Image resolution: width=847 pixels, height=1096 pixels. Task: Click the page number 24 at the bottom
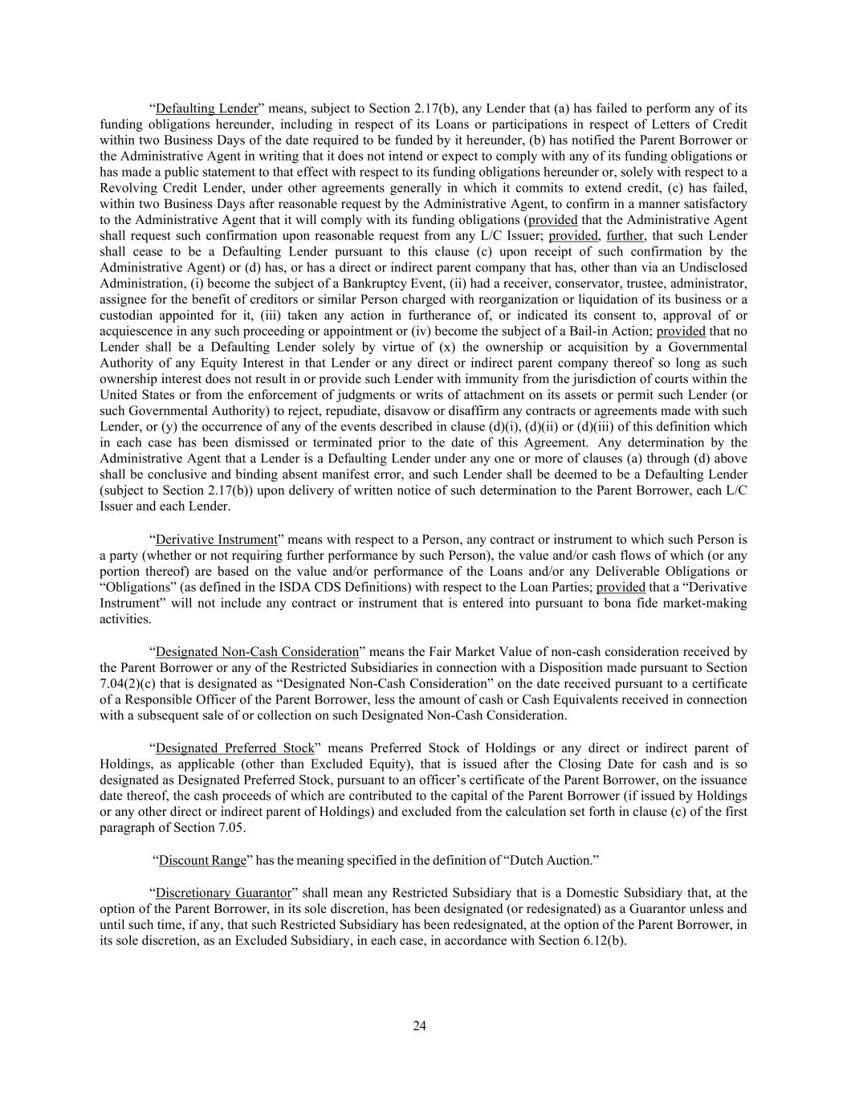coord(420,1025)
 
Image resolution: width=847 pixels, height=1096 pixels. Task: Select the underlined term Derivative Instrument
coord(216,540)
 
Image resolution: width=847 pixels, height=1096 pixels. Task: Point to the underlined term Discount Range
coord(202,861)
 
